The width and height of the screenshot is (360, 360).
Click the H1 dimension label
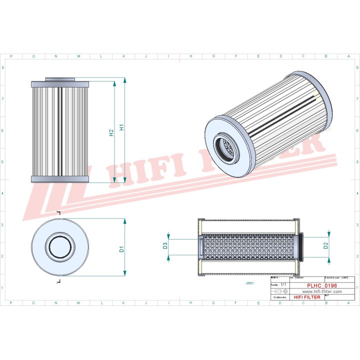coord(122,128)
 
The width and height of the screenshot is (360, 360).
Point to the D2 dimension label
coord(325,245)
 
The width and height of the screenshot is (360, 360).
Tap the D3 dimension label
coord(165,245)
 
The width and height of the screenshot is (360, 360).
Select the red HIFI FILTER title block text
coord(307,297)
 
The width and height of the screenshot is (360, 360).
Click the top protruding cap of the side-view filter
coord(59,79)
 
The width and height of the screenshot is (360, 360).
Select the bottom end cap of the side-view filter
coord(59,179)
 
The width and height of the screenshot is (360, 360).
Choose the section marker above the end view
coord(58,213)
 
